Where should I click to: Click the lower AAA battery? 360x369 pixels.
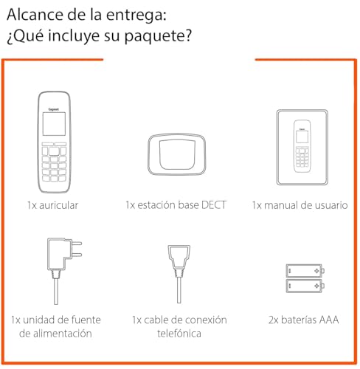(304, 284)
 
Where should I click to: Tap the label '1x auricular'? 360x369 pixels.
(51, 204)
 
